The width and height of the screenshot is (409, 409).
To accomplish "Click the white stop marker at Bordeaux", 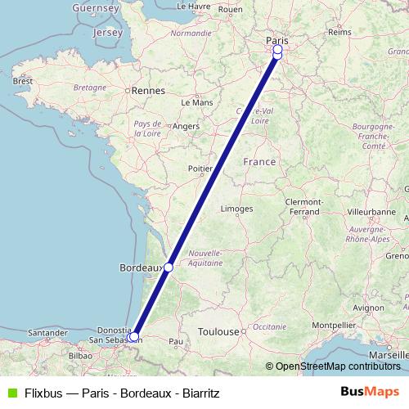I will click(169, 267).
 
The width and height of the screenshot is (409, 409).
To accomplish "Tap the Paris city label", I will click(277, 39).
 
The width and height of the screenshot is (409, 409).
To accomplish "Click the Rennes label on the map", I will click(150, 91).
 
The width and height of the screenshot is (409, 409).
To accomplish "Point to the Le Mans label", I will click(196, 103).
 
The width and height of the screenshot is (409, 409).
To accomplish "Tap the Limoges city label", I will click(236, 209).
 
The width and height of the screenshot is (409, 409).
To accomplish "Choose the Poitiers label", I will click(201, 169).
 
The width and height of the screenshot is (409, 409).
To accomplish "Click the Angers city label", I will click(186, 126).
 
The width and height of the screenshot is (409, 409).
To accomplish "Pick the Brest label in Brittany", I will click(22, 82).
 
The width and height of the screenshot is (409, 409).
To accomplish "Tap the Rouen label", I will click(231, 10).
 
